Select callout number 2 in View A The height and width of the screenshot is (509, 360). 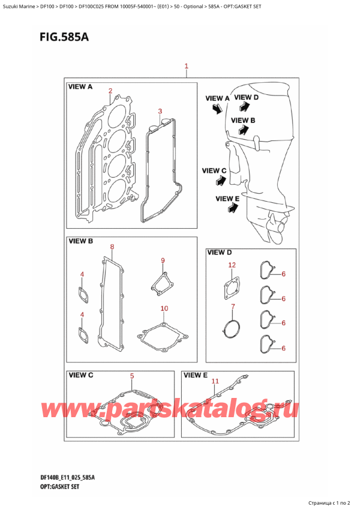coord(110,91)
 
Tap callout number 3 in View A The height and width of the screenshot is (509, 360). coord(160,111)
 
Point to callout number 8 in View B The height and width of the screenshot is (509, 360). coord(112,247)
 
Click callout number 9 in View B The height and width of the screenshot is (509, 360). coord(162,260)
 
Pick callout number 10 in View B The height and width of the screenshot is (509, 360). coord(164,309)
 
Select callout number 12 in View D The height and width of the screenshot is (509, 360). coord(232,265)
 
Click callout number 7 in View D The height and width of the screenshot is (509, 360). coord(233,307)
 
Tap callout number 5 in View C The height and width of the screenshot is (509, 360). coord(132,376)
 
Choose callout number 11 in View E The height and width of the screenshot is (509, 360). coord(215,381)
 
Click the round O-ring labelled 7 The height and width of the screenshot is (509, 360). coord(231,328)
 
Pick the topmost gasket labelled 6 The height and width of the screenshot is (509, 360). coord(266,271)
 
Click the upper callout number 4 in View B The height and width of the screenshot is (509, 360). coord(82,275)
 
